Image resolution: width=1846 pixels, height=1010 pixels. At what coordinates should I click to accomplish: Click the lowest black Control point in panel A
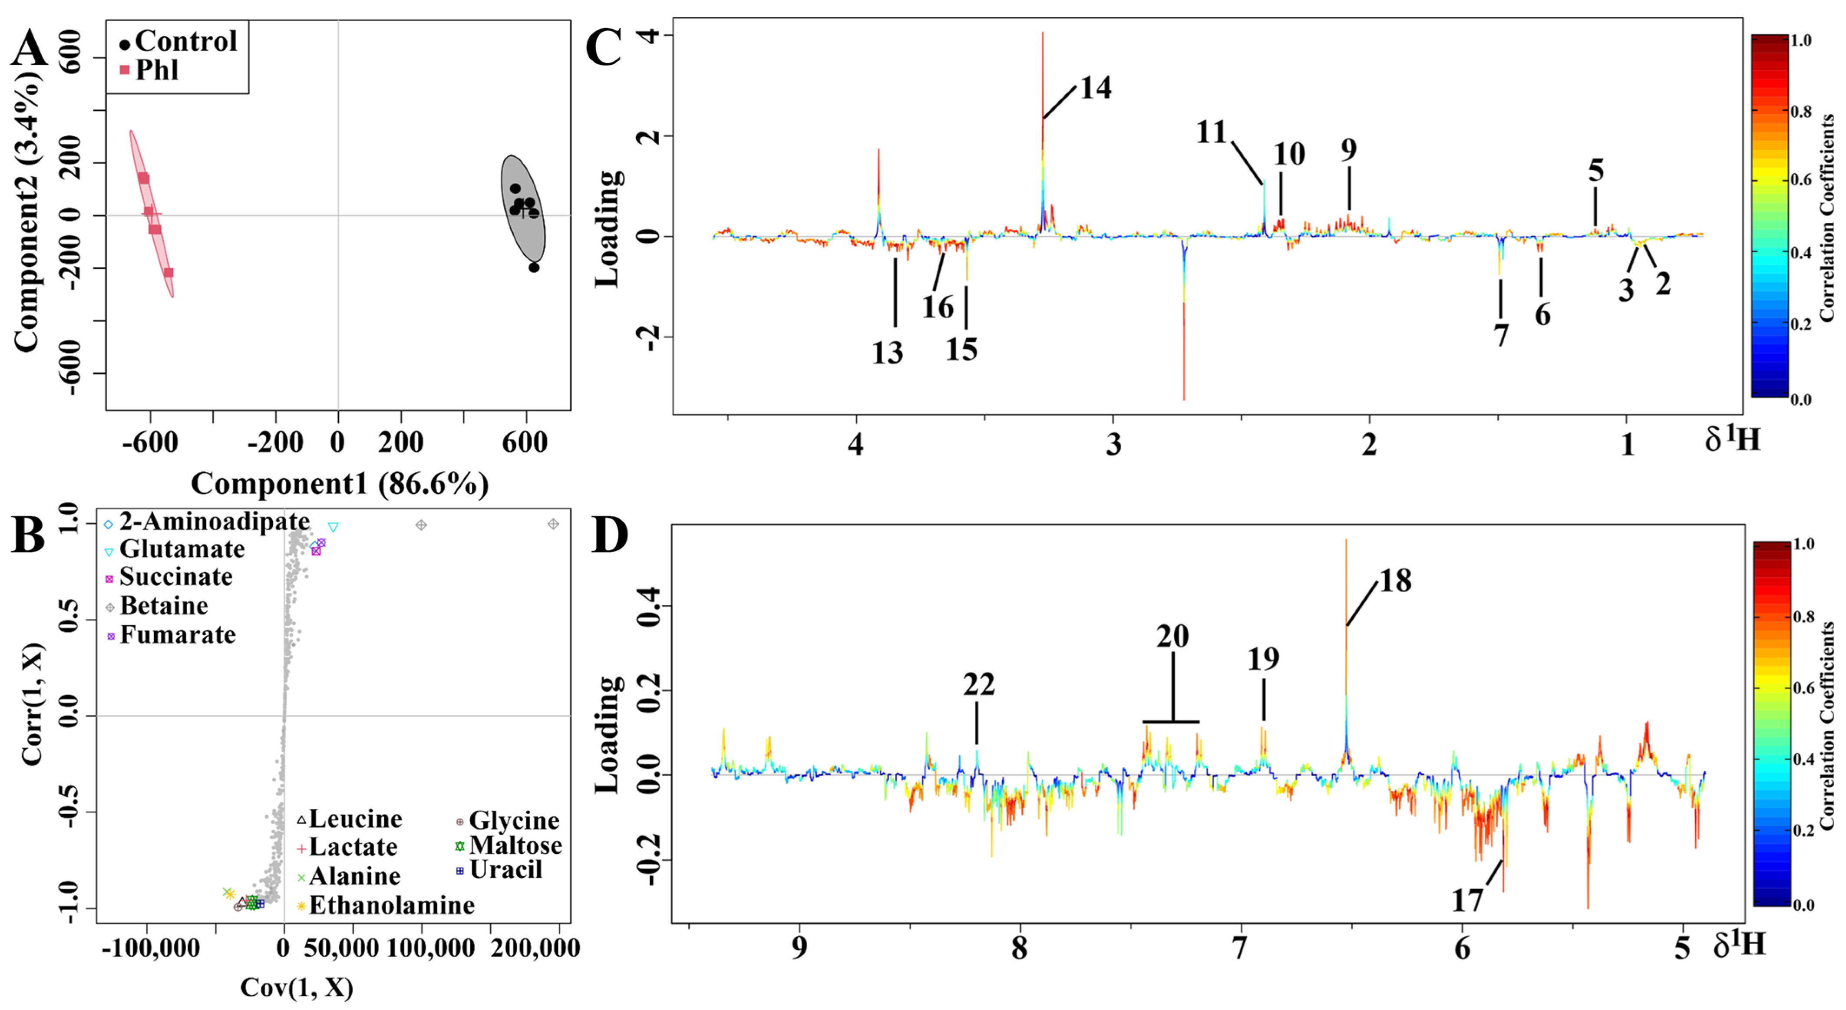534,267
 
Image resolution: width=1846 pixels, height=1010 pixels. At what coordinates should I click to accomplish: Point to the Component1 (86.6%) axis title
340,484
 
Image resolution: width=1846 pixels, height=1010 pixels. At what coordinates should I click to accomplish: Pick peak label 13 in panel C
887,353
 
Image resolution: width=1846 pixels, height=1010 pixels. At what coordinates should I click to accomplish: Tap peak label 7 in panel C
1501,335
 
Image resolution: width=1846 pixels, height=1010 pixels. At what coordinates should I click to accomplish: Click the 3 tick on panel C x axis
1113,445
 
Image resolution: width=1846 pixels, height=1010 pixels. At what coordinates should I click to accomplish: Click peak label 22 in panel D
979,685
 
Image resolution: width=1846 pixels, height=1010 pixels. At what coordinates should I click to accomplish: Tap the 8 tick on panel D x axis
1019,947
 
